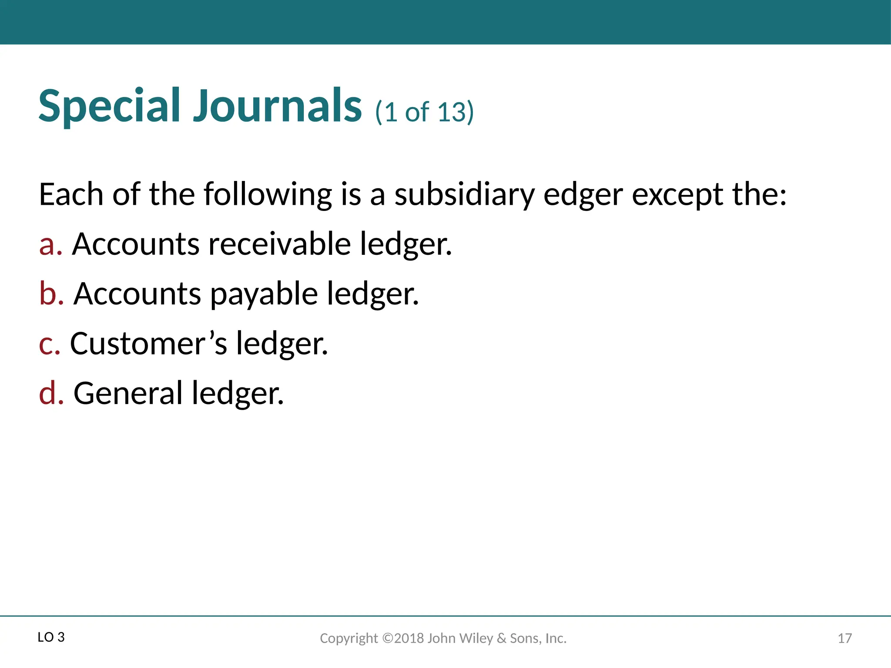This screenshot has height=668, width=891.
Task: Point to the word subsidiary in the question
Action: (x=464, y=194)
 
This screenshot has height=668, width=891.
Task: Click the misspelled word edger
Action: (x=583, y=194)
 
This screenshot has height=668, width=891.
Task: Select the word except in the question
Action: (x=677, y=194)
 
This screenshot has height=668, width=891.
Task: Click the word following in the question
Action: (x=268, y=194)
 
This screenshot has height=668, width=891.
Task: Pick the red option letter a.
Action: (x=49, y=244)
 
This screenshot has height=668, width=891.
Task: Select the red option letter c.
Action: (x=48, y=344)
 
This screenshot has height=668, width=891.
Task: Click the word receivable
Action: (x=279, y=244)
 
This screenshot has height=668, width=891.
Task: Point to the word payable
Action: (x=264, y=294)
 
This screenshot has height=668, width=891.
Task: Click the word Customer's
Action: (x=148, y=344)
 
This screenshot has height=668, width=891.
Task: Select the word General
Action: (x=128, y=393)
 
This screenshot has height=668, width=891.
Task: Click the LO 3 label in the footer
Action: (x=51, y=638)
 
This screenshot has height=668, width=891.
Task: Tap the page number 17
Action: (x=844, y=638)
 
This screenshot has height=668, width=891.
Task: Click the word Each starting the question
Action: (x=71, y=194)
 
